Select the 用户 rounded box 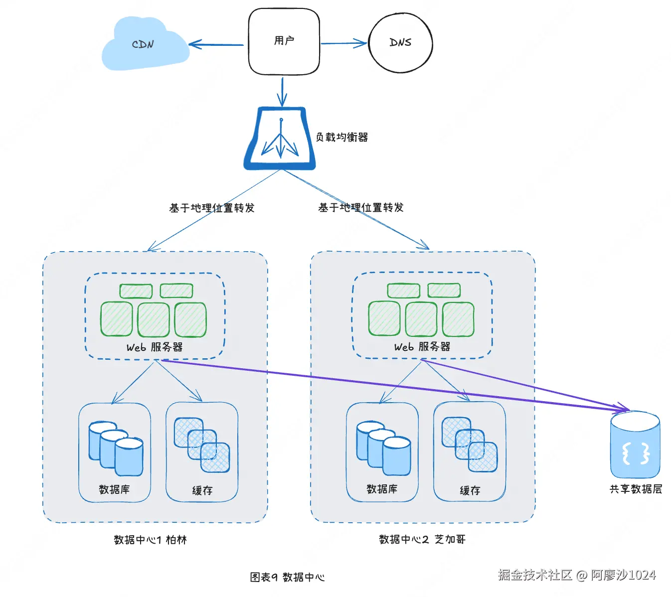[284, 42]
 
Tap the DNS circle [400, 43]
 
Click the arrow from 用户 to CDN [216, 44]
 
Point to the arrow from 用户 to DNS [344, 43]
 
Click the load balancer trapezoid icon [280, 139]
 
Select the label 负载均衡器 [341, 137]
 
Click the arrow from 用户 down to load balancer [282, 92]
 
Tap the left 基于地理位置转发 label [212, 208]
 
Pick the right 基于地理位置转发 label [360, 208]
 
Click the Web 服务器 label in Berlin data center [155, 347]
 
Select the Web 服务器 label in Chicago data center [422, 346]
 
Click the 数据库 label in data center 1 [114, 489]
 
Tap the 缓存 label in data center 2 [470, 490]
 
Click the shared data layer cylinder [635, 445]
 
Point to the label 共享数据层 [636, 489]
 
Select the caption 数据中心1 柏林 [150, 540]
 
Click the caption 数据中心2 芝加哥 [422, 539]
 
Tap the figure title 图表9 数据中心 [287, 577]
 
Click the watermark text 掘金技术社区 [535, 575]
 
